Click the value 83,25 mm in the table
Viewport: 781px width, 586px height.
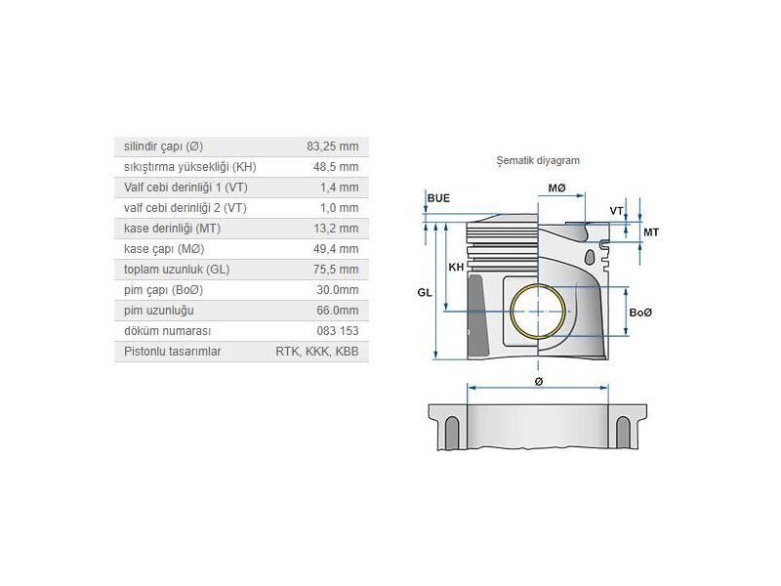click(x=332, y=146)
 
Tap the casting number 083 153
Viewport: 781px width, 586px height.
click(x=339, y=331)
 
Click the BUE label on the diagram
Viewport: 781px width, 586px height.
click(x=438, y=198)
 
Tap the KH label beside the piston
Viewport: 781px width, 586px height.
click(x=455, y=268)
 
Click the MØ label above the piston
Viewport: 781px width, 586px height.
click(x=556, y=187)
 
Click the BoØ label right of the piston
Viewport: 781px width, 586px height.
click(x=640, y=313)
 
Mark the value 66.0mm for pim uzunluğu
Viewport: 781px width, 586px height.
click(x=338, y=311)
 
